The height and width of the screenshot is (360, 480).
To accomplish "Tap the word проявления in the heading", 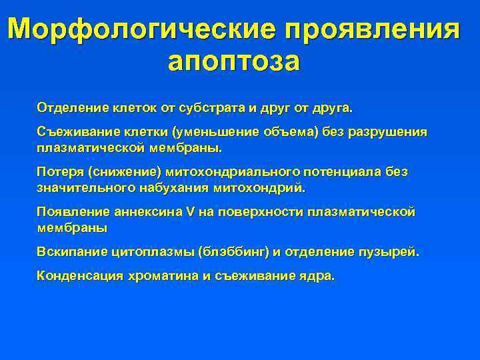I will pos(373,29).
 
